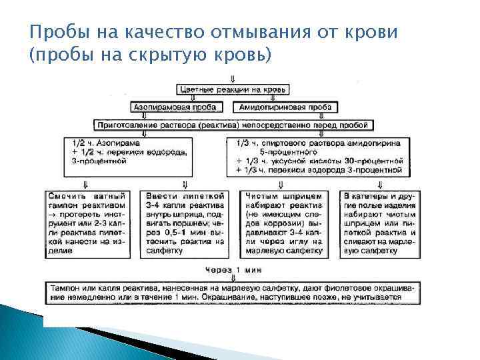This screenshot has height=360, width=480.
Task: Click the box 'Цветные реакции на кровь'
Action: coord(232,89)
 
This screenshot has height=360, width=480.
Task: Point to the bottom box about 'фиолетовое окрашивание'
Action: coord(232,291)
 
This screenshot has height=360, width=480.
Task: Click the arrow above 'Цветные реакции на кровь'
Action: coord(232,78)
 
